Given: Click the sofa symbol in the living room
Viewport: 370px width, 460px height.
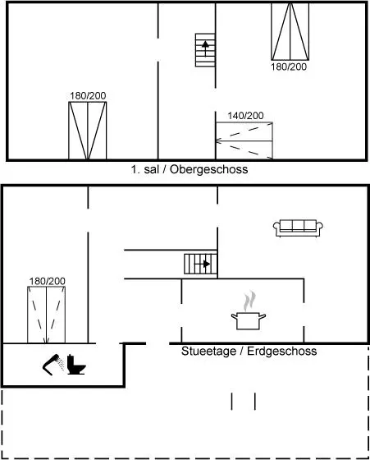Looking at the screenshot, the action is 298,228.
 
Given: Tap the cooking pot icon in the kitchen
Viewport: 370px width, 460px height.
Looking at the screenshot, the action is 249,320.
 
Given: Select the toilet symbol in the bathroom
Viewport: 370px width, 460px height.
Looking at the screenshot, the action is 76,365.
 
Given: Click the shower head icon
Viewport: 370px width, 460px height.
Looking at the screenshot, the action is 53,365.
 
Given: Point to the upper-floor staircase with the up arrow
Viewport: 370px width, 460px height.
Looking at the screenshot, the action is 205,50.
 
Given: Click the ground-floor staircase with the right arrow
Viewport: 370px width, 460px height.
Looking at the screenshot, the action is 200,264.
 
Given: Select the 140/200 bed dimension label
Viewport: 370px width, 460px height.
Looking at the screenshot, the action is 245,116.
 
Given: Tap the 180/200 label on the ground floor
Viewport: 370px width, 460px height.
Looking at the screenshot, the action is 47,281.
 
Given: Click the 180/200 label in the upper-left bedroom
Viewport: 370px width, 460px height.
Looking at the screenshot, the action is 88,95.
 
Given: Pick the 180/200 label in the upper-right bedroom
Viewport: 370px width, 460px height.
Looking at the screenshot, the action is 289,67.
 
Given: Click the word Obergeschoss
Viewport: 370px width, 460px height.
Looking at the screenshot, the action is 209,169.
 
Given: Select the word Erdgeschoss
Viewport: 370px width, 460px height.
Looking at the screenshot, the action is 282,352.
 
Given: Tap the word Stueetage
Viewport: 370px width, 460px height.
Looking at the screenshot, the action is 209,352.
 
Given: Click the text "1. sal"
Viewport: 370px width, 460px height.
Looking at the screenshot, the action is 145,169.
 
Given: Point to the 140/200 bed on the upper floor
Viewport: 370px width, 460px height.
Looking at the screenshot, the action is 244,140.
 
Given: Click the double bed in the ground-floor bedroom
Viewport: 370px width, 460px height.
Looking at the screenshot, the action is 46,315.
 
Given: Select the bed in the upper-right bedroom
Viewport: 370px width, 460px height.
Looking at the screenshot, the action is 290,31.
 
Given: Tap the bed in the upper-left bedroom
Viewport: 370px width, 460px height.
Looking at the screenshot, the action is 88,131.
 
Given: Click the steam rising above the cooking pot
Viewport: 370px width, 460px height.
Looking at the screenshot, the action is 249,301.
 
